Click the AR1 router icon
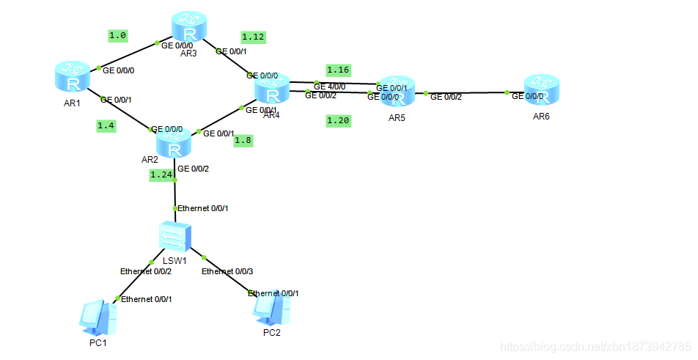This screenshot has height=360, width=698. tap(72, 77)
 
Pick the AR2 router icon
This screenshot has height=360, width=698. tap(174, 143)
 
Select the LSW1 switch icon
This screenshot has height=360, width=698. tap(174, 238)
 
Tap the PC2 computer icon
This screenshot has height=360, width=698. tap(272, 309)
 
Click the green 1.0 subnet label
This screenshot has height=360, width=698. tap(117, 35)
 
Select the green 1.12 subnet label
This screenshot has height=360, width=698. tap(253, 37)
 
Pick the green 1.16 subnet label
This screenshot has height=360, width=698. tap(338, 70)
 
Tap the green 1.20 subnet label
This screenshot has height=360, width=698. tap(338, 121)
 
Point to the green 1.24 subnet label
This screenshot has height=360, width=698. tap(161, 175)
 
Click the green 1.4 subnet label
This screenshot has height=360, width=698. tap(106, 126)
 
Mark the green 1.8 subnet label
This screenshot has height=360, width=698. tap(243, 141)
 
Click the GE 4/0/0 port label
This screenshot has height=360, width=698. tap(329, 87)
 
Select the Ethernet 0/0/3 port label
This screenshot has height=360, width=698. tap(227, 271)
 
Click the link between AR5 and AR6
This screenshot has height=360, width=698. tap(466, 93)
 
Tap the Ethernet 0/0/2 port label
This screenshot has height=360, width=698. tap(146, 271)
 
